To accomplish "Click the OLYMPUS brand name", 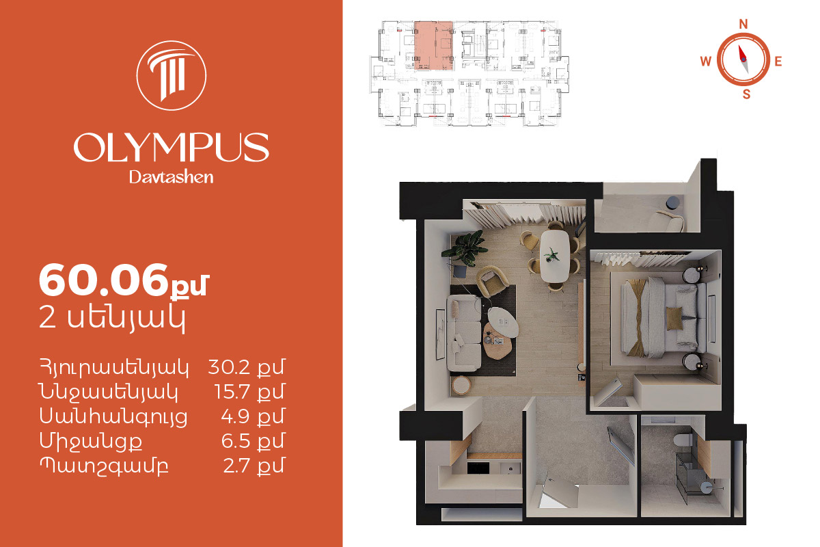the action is (172, 147).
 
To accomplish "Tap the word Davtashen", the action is (172, 177).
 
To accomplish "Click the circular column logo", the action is (172, 75).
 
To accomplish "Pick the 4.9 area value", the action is (235, 416).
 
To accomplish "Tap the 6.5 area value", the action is (235, 441).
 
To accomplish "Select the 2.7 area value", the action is (236, 466).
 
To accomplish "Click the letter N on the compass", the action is (743, 24).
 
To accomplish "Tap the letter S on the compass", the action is (746, 94).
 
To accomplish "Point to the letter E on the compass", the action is (778, 61).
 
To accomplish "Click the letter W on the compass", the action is (706, 61).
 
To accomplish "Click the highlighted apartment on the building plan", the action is (434, 45).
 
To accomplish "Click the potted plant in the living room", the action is (465, 248).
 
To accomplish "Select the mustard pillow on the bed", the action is (674, 319).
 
